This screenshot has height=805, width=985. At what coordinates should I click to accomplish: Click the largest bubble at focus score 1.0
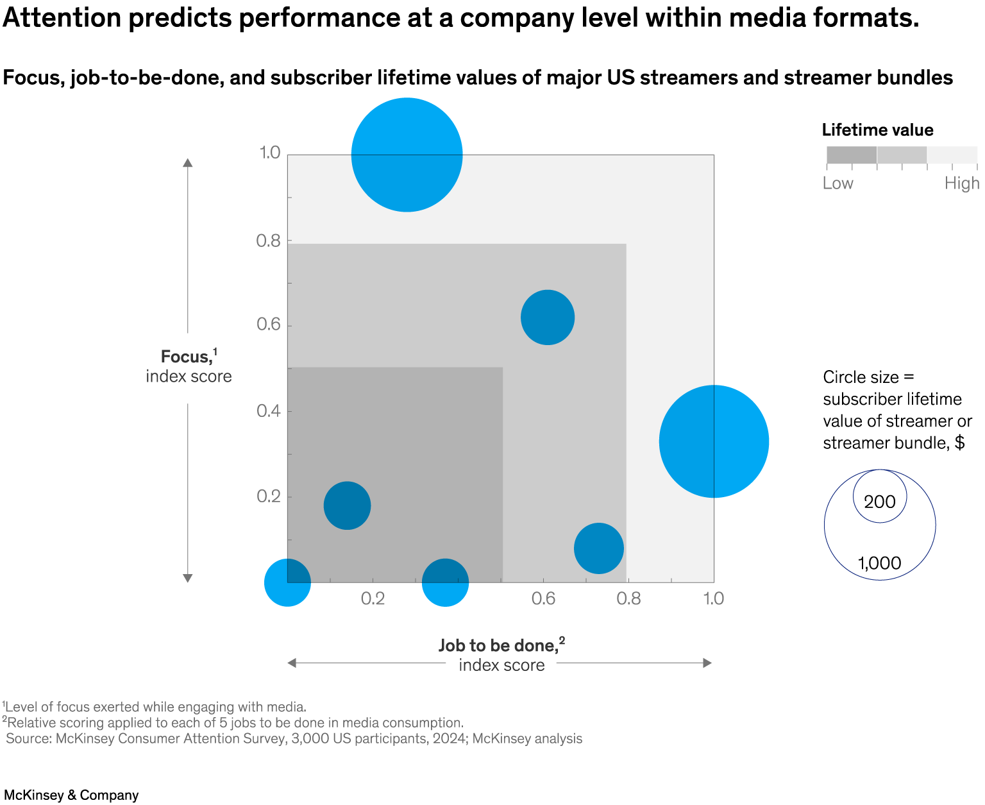click(407, 155)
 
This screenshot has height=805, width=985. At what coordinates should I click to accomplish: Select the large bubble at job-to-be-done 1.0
click(714, 441)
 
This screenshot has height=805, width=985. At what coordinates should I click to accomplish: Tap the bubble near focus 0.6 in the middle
click(547, 318)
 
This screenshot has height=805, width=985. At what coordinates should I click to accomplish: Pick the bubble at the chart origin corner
click(287, 582)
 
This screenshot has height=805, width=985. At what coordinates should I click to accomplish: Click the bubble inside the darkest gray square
click(347, 505)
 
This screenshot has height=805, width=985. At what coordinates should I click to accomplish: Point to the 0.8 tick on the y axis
click(269, 241)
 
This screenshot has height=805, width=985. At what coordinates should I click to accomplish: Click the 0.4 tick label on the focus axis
click(269, 411)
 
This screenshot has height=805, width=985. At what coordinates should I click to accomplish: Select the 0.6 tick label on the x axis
click(543, 598)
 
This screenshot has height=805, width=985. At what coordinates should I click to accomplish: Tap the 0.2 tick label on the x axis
click(373, 598)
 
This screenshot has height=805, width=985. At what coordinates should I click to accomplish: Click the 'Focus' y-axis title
click(186, 357)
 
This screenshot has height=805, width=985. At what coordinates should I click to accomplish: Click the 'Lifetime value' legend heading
click(877, 130)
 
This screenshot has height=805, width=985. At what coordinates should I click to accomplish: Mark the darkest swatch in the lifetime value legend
click(851, 155)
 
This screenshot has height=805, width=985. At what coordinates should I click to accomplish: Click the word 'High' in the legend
click(961, 183)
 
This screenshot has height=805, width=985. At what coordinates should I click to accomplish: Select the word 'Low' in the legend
click(838, 183)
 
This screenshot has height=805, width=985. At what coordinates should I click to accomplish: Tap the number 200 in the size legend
click(879, 502)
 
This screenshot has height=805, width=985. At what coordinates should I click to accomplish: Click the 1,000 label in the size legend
click(879, 563)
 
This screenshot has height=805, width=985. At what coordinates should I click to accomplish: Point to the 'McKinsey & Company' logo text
click(71, 795)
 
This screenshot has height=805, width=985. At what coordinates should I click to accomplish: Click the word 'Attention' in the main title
click(62, 18)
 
